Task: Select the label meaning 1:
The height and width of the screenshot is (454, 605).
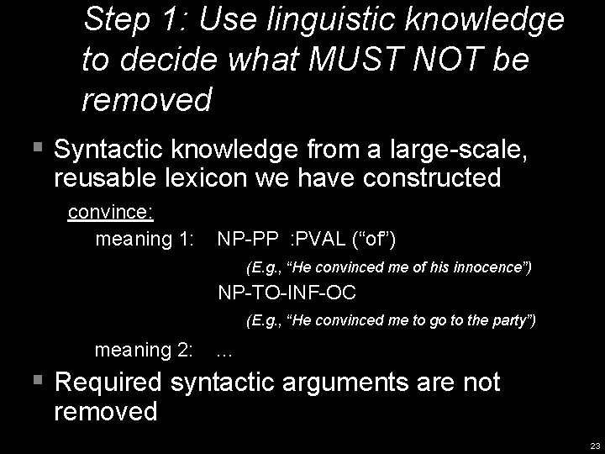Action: (145, 240)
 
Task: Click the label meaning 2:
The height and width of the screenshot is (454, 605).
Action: (145, 350)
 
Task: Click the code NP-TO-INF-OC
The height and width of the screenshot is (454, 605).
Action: (287, 293)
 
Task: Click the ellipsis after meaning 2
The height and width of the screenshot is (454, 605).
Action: (224, 351)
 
